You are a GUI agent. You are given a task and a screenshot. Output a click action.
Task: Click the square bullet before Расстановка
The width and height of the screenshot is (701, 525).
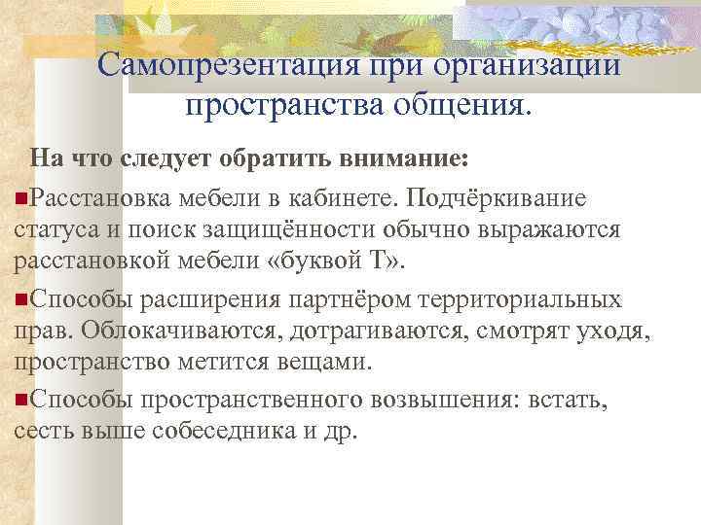coord(21,198)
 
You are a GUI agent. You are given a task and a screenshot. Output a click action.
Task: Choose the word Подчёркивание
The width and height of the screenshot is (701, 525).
coord(497,198)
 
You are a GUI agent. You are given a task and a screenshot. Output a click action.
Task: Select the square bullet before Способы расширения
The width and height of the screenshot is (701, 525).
coord(21,297)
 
